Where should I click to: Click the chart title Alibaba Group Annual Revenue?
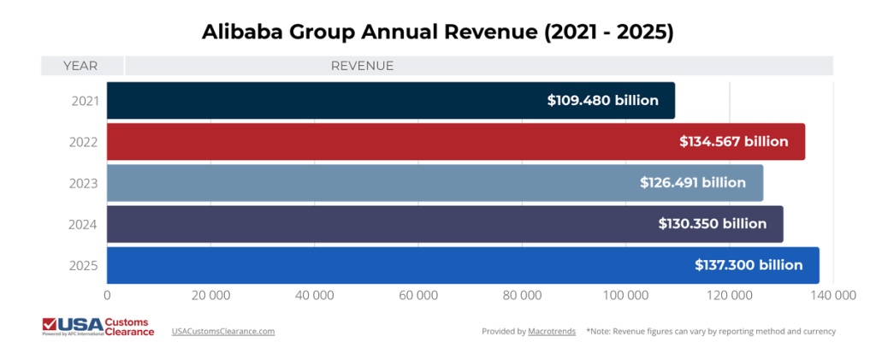tap(437, 32)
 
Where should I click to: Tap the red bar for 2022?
tap(385, 141)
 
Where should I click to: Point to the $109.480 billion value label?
tap(602, 100)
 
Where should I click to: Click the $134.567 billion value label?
tap(733, 141)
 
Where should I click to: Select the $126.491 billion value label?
tap(693, 182)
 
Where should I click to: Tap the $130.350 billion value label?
tap(712, 224)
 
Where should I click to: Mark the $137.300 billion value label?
tap(749, 265)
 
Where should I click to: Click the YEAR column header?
tap(80, 66)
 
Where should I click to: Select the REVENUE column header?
tap(362, 66)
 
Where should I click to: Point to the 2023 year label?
tap(84, 183)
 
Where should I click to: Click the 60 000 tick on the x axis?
tap(418, 295)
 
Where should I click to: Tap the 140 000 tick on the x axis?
tap(833, 295)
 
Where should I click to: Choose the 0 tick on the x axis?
tap(107, 295)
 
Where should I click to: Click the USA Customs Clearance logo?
tap(98, 327)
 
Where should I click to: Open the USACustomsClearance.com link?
tap(223, 331)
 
